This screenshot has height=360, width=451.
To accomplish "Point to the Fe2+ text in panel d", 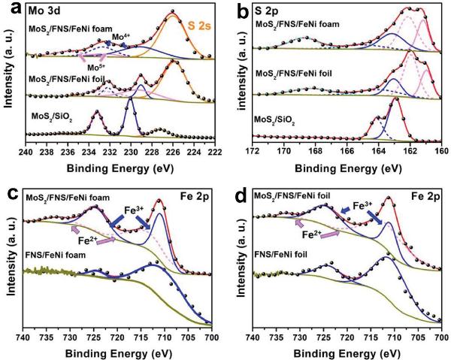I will (312, 234).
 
